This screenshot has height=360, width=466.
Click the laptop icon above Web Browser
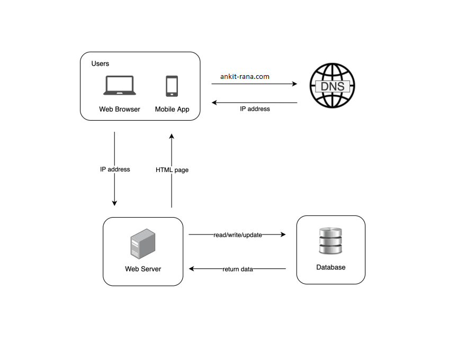(x=119, y=86)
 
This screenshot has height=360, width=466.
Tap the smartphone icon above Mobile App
(x=172, y=86)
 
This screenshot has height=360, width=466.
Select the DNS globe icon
(x=332, y=85)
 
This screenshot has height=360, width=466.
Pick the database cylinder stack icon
(x=330, y=241)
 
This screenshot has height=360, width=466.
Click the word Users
(x=100, y=64)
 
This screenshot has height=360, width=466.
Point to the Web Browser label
(x=120, y=110)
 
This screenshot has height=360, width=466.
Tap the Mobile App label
(x=172, y=110)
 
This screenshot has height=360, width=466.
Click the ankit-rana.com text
(x=245, y=76)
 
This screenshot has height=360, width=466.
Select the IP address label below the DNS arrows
(x=255, y=109)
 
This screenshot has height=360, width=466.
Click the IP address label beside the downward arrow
(x=115, y=169)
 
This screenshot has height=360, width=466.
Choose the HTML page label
(x=172, y=170)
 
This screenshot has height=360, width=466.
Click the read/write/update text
(x=238, y=235)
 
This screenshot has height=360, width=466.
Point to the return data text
(x=238, y=269)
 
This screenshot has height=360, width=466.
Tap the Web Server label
(x=143, y=269)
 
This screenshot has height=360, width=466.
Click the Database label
(x=331, y=267)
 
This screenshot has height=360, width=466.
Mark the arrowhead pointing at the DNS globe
(x=294, y=84)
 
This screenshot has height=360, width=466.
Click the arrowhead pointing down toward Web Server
(x=114, y=203)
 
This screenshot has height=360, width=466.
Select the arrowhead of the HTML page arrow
(x=172, y=136)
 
